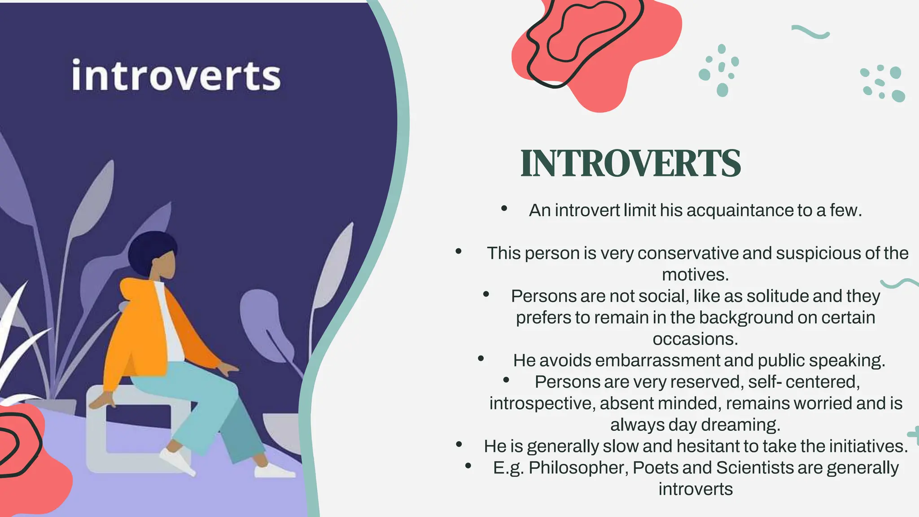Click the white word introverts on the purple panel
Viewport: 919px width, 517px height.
tap(176, 75)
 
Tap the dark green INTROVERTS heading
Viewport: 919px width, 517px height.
tap(630, 163)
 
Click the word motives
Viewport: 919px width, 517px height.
tap(695, 275)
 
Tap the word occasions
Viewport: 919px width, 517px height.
tap(695, 339)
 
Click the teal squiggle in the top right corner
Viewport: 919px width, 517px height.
tap(810, 32)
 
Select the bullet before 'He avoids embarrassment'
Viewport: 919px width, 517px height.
tap(481, 359)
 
